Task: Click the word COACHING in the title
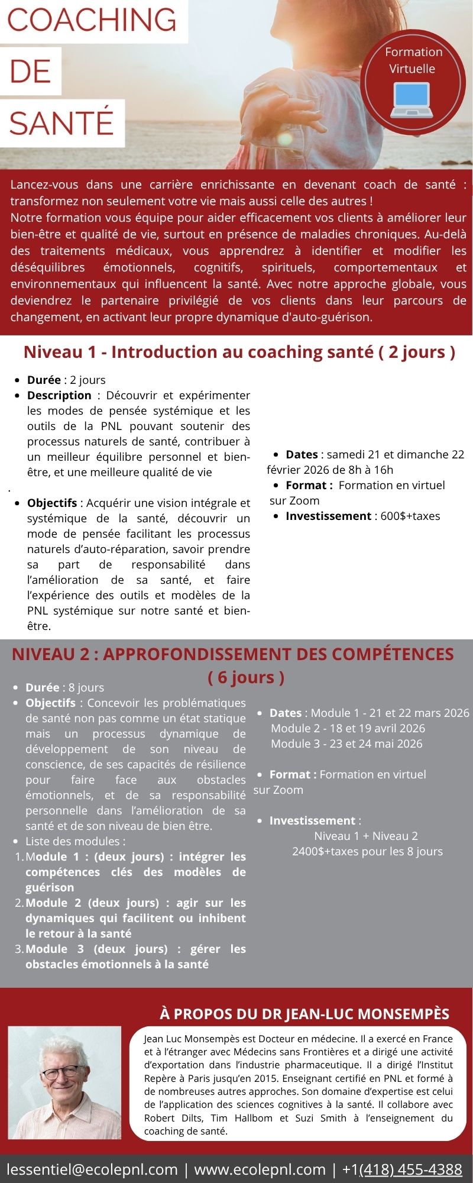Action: (92, 21)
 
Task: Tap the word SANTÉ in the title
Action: (61, 122)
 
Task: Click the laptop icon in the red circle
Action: (413, 100)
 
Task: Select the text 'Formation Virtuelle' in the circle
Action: (413, 60)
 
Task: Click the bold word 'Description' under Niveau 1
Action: (59, 395)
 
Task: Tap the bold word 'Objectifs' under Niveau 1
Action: (52, 503)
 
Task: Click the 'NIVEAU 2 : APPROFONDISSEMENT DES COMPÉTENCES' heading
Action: (233, 654)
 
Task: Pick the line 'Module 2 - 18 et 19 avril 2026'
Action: (348, 728)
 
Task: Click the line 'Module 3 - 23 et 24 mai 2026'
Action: (346, 744)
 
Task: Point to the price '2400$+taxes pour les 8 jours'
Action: (367, 851)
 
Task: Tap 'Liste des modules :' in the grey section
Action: (75, 841)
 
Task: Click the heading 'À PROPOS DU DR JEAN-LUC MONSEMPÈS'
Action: (304, 1014)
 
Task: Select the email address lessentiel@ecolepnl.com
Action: (92, 1169)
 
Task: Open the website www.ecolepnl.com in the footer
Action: (260, 1169)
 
